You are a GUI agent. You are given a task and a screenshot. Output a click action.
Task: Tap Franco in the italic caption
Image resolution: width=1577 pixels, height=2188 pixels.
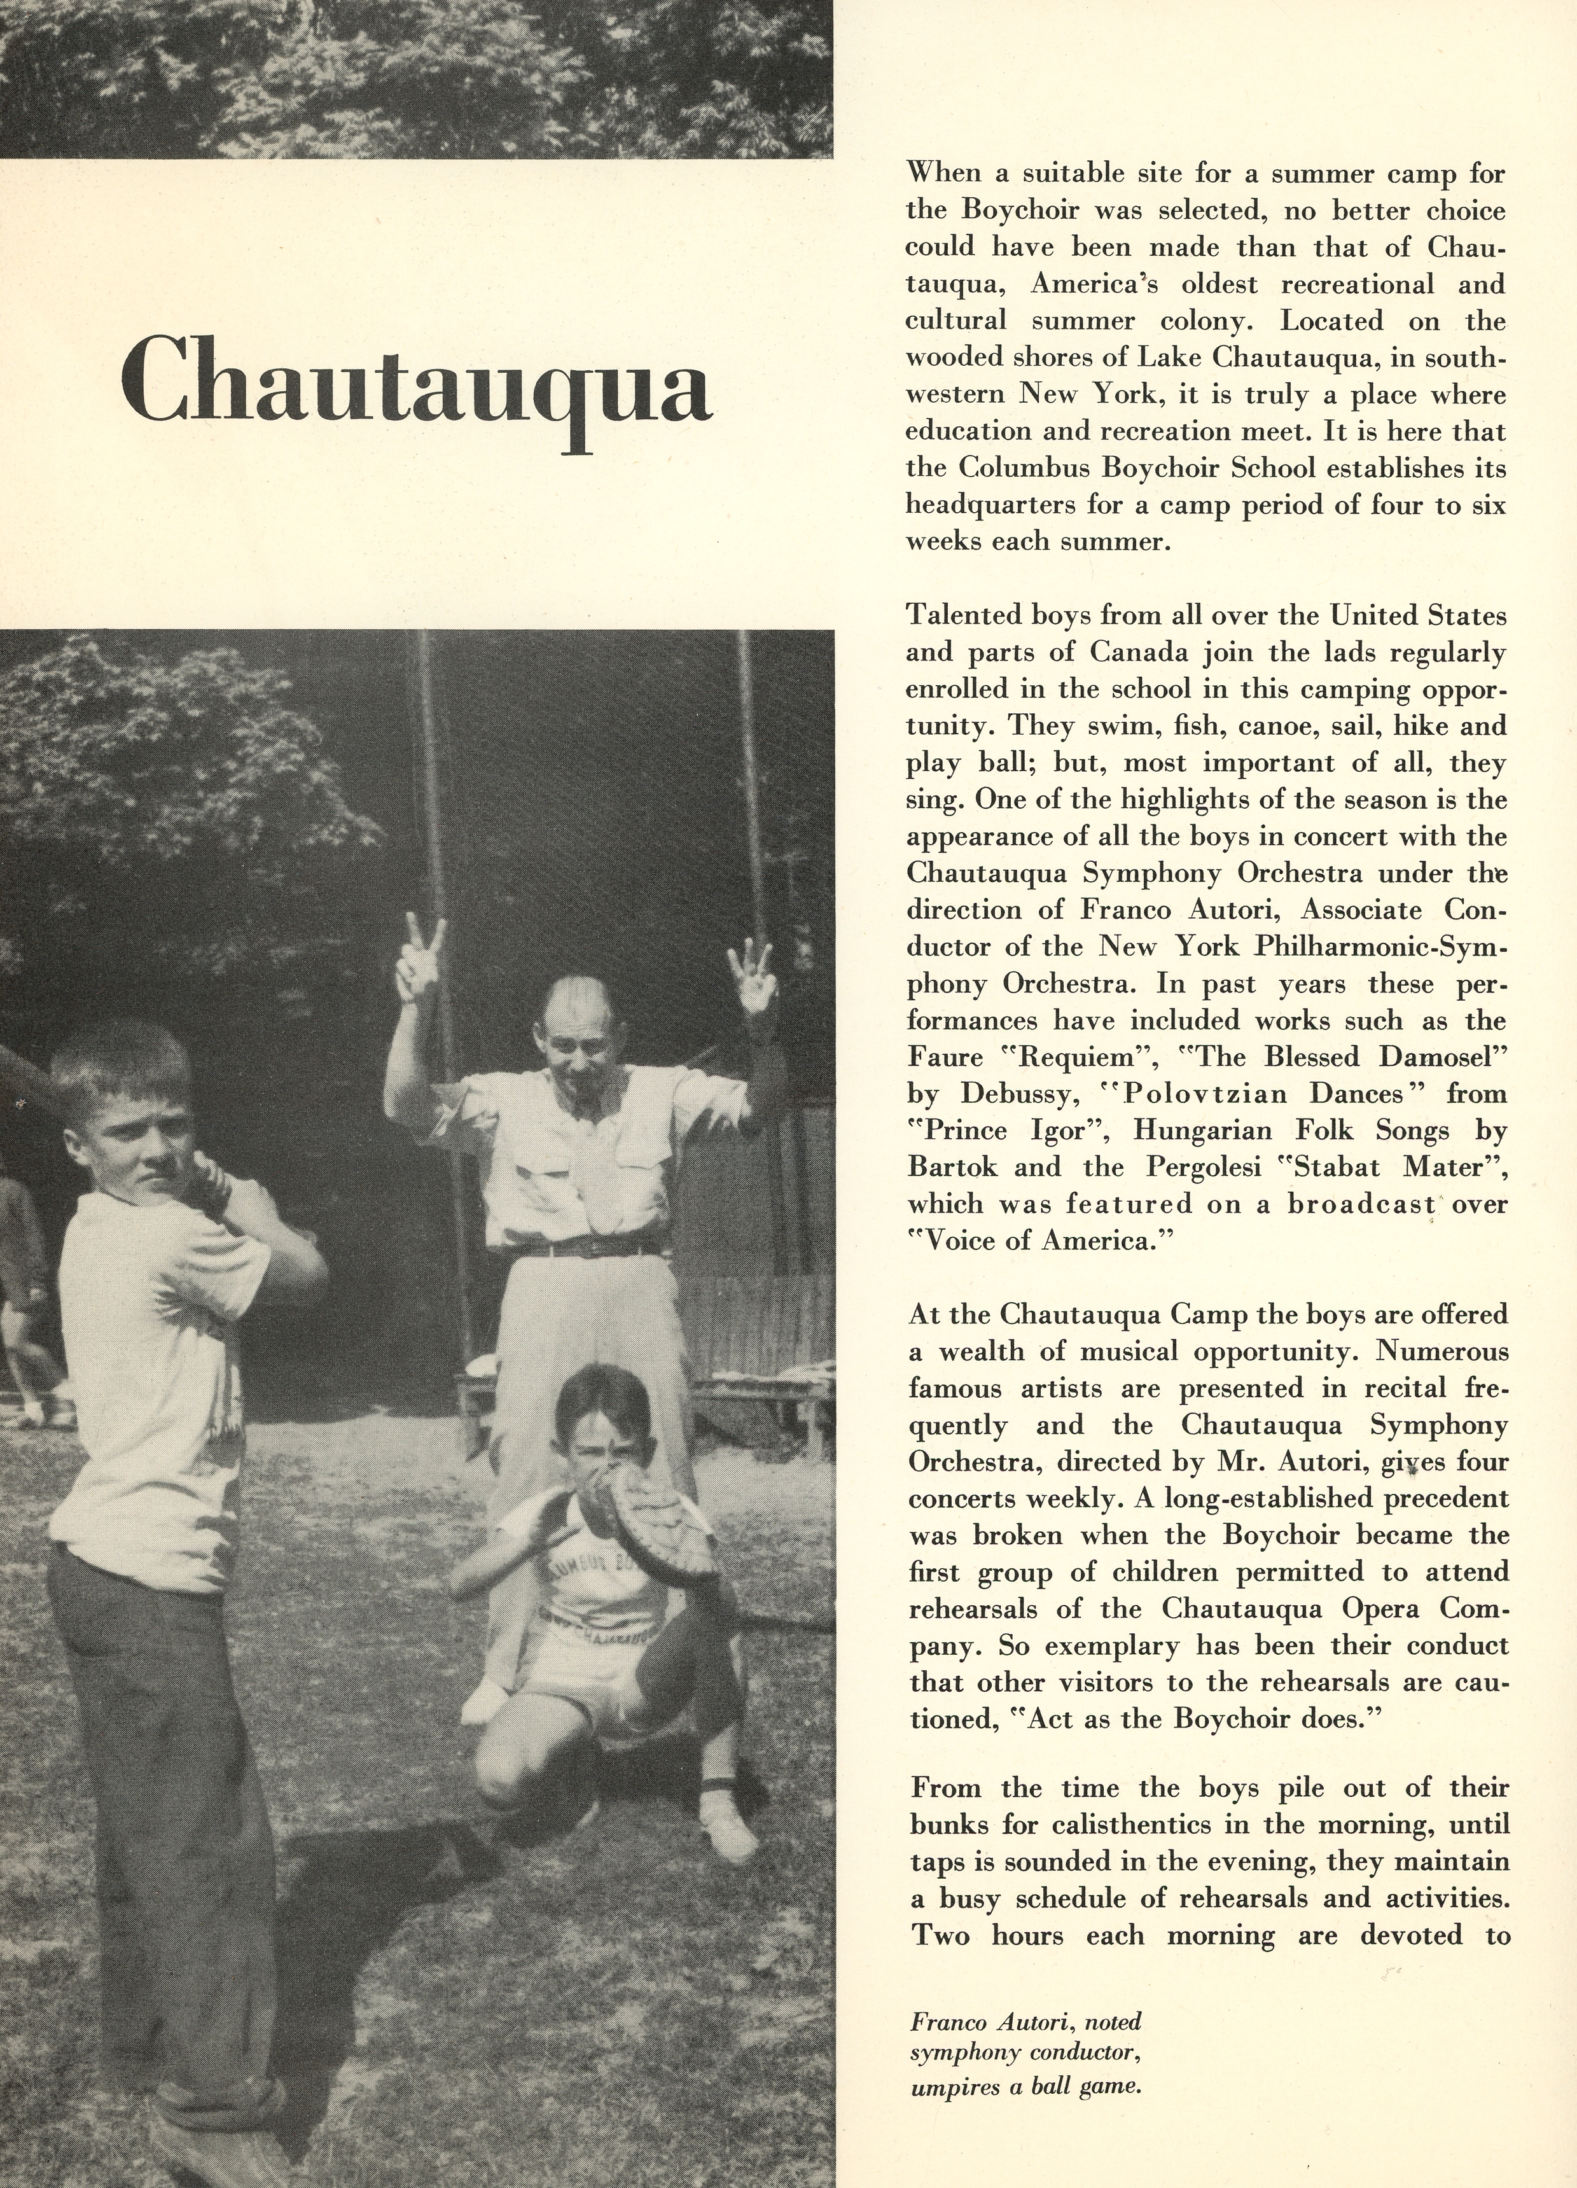(x=943, y=2016)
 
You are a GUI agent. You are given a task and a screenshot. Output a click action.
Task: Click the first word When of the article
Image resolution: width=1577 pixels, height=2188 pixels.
(x=942, y=174)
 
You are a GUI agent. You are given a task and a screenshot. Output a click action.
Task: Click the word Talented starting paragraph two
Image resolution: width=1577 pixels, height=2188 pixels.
(x=964, y=615)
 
